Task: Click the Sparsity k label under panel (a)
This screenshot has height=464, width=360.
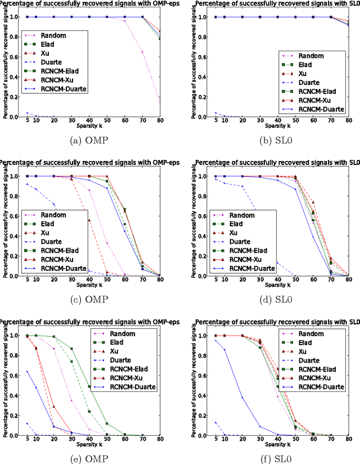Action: click(x=91, y=128)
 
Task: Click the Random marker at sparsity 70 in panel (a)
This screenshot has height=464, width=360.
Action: click(x=142, y=52)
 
